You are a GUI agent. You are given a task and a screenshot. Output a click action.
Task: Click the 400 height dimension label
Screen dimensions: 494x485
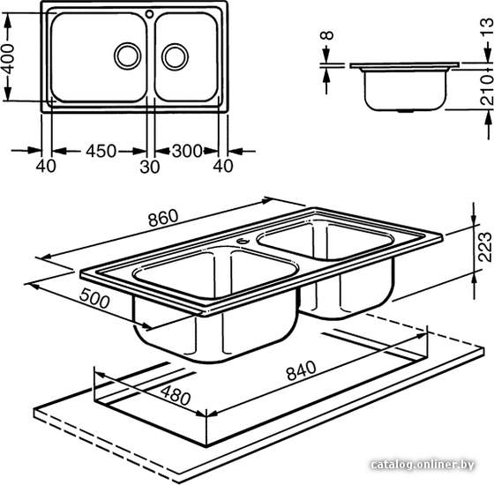point(8,58)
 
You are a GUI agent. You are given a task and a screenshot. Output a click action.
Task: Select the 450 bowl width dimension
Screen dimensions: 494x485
point(101,151)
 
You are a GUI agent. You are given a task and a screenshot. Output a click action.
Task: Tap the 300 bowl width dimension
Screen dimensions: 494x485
point(187,151)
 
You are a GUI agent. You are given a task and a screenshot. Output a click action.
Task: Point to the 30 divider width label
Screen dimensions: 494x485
point(149,167)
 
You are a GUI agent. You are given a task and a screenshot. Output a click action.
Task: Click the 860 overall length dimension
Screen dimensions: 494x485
point(163,218)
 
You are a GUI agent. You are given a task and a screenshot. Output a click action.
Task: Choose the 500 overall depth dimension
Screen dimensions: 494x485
point(94,299)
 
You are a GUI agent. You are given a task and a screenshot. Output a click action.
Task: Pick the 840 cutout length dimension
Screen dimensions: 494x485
point(301,370)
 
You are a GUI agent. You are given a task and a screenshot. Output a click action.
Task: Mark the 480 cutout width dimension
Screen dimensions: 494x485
point(176,396)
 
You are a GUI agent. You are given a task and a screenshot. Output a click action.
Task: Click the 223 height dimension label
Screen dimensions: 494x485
point(485,247)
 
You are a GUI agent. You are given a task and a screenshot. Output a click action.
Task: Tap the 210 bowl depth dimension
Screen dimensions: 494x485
point(487,90)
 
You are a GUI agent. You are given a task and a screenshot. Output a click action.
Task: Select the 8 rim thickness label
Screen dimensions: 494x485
point(326,35)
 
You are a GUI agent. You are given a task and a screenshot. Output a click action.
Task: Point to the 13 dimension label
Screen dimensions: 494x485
point(487,26)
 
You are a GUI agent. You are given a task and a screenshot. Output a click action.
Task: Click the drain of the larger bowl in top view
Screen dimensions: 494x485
point(128,56)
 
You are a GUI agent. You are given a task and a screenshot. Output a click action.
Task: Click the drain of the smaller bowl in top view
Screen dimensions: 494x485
point(175,56)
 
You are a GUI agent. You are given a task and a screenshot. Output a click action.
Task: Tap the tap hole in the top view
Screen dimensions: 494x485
point(150,13)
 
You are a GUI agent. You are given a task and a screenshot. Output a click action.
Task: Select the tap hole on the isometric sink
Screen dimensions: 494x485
point(243,242)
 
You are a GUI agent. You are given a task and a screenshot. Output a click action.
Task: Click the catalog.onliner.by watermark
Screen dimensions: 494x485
point(423,465)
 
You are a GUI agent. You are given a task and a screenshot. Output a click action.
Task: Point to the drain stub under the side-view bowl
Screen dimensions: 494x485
point(406,111)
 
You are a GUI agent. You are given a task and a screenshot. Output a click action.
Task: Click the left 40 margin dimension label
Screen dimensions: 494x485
point(46,166)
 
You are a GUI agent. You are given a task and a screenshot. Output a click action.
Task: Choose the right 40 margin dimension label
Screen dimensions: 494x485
point(223,166)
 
